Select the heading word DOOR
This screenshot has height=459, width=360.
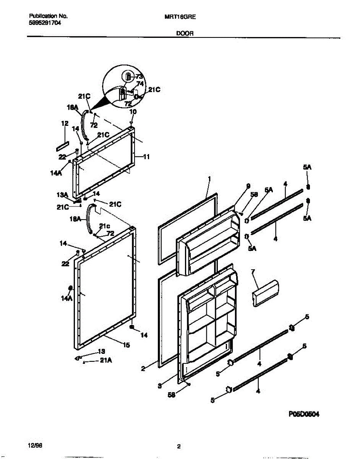coord(185,33)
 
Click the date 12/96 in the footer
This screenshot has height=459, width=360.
coord(33,446)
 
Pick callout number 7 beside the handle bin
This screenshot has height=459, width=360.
coord(253,272)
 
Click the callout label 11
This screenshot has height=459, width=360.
coord(146,156)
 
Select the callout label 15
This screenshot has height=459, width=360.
coord(126,345)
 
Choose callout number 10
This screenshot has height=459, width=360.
coord(133,112)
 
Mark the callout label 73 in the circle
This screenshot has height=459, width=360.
coord(139,77)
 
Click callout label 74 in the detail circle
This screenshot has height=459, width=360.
coord(140,83)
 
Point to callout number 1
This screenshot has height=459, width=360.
coord(209,179)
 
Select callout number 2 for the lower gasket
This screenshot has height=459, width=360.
coord(143,369)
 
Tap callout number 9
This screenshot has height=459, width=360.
coord(248,186)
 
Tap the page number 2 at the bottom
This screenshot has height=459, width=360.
coord(178,446)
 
